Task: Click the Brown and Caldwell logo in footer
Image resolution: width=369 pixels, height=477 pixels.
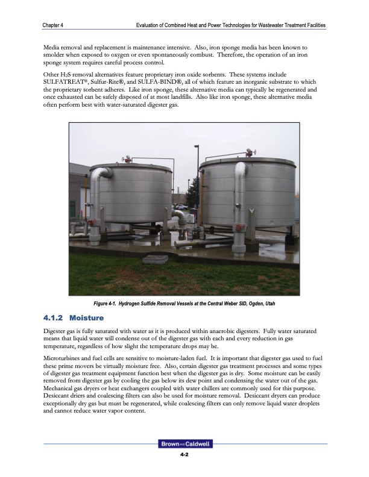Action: (x=184, y=444)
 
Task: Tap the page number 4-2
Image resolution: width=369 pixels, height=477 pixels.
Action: (x=184, y=455)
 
